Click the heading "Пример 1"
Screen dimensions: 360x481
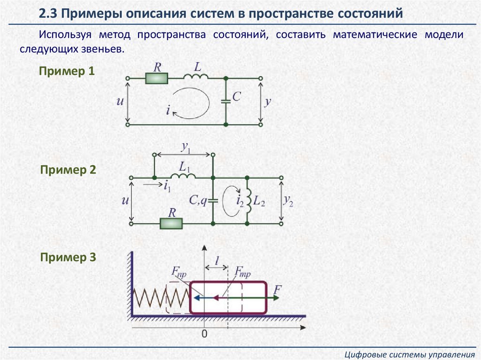[x=67, y=72]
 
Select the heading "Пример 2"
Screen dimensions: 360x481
[x=68, y=170]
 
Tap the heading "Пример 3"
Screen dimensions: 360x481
[x=68, y=257]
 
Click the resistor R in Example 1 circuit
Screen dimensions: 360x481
[x=156, y=78]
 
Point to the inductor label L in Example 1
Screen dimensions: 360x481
[x=198, y=67]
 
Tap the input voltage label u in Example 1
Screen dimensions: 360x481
[x=119, y=101]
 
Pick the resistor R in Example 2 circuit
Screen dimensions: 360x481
[x=171, y=223]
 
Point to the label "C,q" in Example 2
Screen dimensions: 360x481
[x=198, y=200]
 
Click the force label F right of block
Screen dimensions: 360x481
[x=277, y=289]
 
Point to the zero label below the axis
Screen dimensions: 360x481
[x=204, y=334]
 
